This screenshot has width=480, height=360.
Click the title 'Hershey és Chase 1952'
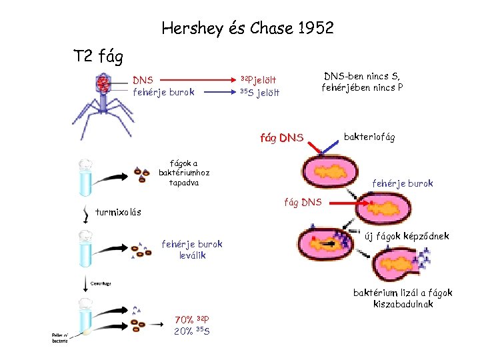[247, 29]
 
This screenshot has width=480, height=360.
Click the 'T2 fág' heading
[98, 56]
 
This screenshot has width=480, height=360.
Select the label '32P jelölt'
[258, 80]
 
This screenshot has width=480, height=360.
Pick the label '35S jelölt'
[259, 93]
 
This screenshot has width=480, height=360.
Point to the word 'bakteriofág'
[369, 137]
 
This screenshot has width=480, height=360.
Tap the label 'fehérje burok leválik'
[192, 249]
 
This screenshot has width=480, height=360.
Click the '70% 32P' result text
[192, 319]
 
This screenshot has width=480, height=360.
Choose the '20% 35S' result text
[192, 331]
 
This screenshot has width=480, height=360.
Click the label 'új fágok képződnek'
[407, 236]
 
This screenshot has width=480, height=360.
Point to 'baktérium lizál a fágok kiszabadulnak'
[403, 298]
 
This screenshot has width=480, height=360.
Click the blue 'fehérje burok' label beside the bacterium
[402, 183]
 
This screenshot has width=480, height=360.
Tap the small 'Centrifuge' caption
[101, 283]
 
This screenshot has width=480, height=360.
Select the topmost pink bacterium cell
[333, 172]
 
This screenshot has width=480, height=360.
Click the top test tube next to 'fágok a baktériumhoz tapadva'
[85, 177]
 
